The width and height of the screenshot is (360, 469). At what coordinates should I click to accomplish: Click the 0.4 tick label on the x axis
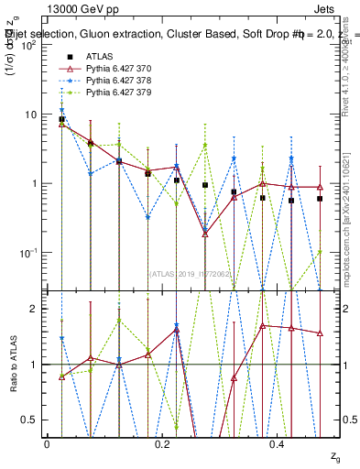pyautogui.click(x=278, y=443)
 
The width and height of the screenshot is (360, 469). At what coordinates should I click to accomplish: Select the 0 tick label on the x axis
pyautogui.click(x=47, y=443)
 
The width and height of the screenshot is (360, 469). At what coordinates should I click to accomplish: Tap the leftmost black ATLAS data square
pyautogui.click(x=61, y=119)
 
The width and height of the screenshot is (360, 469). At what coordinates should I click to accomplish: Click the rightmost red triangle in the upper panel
pyautogui.click(x=320, y=187)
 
